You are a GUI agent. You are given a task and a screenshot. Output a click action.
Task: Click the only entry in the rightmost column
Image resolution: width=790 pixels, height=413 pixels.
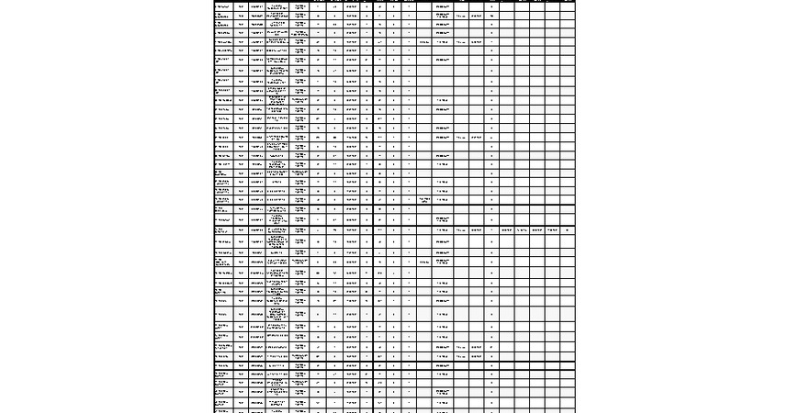pos(567,229)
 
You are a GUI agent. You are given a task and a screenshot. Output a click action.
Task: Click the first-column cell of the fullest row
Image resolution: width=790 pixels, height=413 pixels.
pos(222,229)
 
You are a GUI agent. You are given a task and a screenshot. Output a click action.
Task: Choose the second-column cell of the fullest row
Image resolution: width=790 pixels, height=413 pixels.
pos(242,229)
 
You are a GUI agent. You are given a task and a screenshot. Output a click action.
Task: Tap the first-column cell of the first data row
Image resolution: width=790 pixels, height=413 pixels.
pos(222,6)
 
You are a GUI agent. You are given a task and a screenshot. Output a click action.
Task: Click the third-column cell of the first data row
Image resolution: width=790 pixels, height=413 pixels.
pos(257,6)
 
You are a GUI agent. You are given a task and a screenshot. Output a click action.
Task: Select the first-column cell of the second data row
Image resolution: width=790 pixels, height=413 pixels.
pos(222,17)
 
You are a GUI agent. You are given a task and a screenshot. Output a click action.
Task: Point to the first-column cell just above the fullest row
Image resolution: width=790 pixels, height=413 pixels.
pos(222,218)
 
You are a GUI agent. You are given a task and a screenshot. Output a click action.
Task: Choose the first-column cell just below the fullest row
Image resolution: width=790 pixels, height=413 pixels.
pos(222,241)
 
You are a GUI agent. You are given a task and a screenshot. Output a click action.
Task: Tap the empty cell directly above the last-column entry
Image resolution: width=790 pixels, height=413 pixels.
pos(567,218)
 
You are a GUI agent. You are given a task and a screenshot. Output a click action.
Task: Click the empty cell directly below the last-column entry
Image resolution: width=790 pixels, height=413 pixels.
pos(567,241)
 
